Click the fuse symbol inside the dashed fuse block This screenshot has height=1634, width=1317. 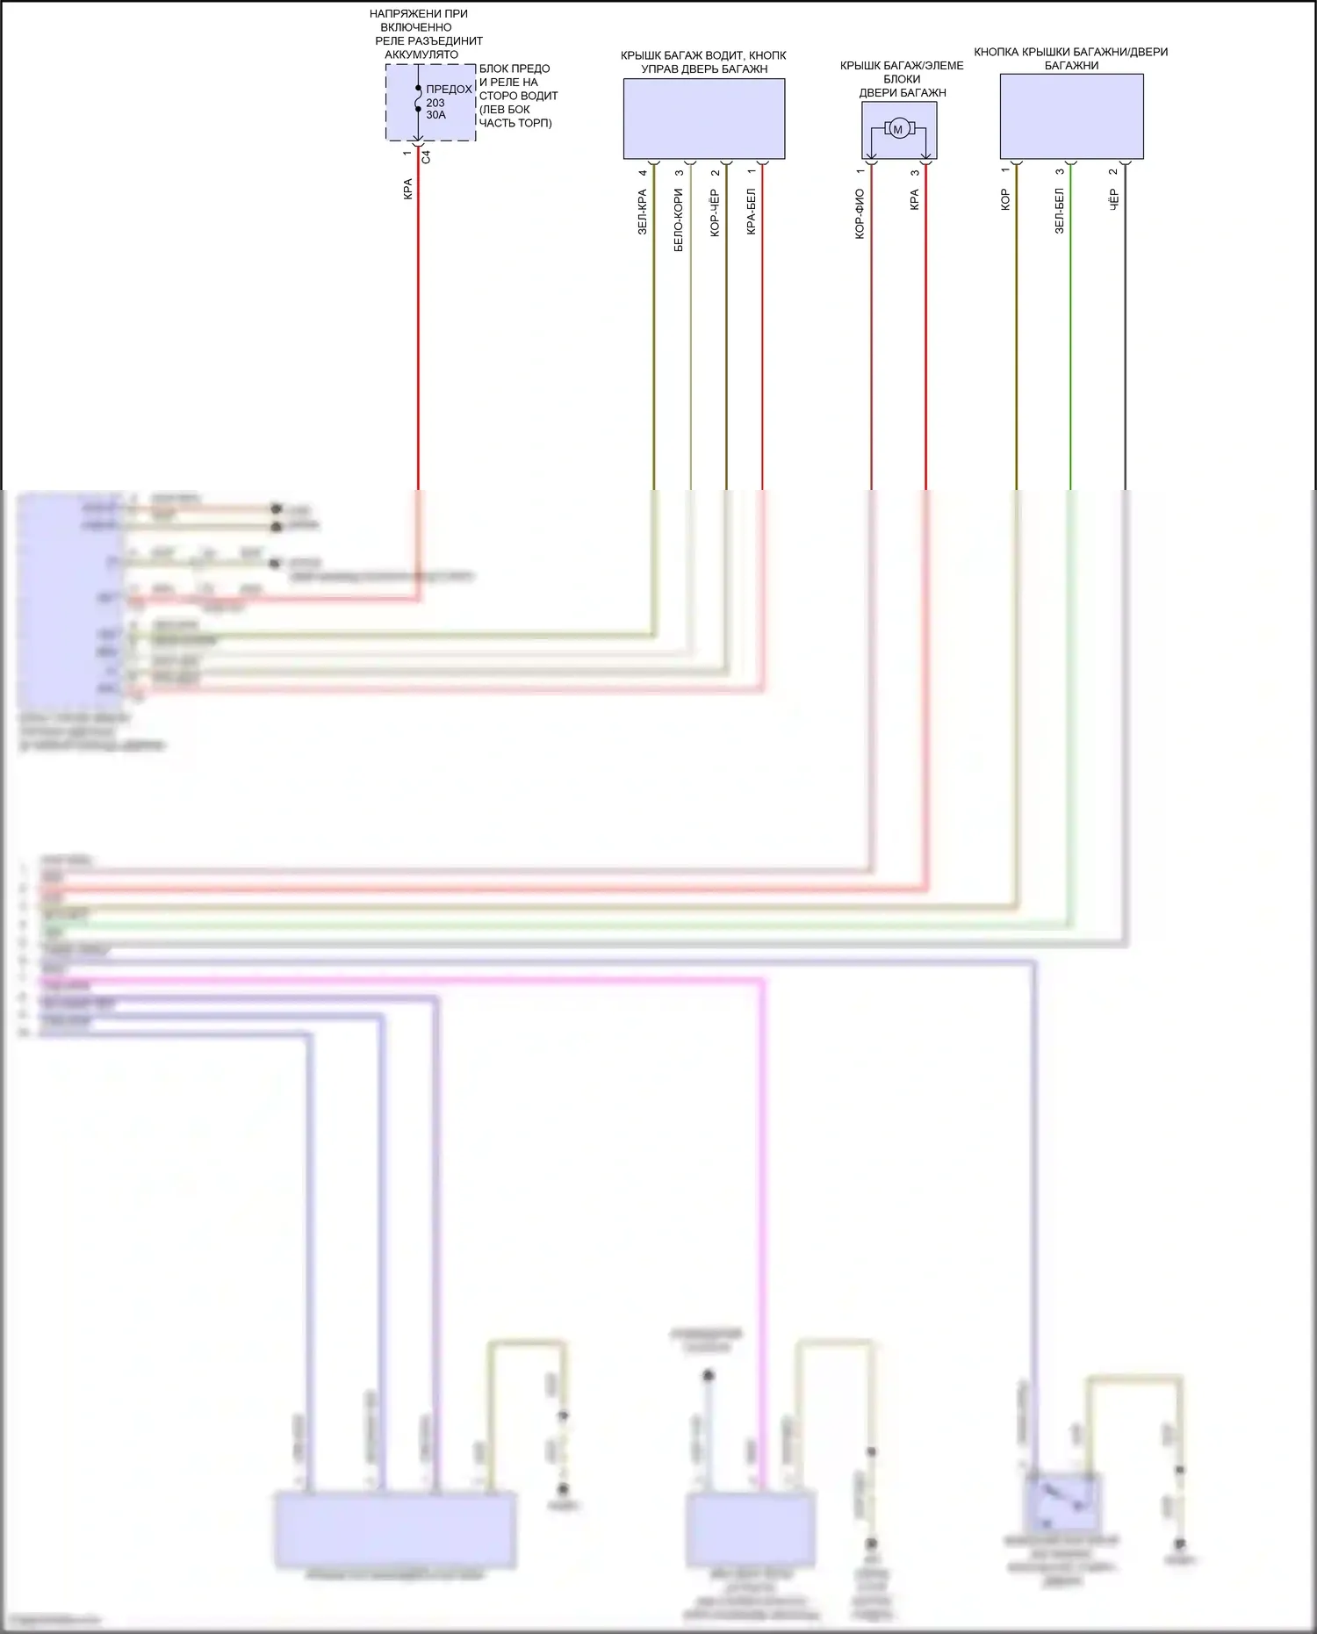coord(418,98)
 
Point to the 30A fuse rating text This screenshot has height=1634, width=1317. coord(435,115)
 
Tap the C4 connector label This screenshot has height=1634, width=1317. coord(426,157)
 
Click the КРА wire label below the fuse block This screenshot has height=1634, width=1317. coord(407,190)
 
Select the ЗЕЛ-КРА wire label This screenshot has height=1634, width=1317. coord(642,212)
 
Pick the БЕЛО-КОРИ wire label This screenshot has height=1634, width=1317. coord(678,220)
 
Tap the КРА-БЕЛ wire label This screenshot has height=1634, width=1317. coord(751,212)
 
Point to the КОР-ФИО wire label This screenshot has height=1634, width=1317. coord(860,213)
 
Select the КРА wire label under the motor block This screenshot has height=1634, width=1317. coord(914,200)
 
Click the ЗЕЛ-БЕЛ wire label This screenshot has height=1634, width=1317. coord(1059,211)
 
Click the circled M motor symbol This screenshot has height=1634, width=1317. coord(897,129)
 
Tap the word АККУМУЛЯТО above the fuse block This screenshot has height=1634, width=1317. coord(421,54)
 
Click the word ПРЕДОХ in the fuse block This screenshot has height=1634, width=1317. coord(449,90)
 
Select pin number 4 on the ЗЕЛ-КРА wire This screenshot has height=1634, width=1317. coord(643,172)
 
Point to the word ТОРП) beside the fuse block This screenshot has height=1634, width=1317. coord(533,123)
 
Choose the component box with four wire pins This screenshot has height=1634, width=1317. coord(704,119)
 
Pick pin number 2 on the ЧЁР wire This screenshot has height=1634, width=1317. coord(1113,171)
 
